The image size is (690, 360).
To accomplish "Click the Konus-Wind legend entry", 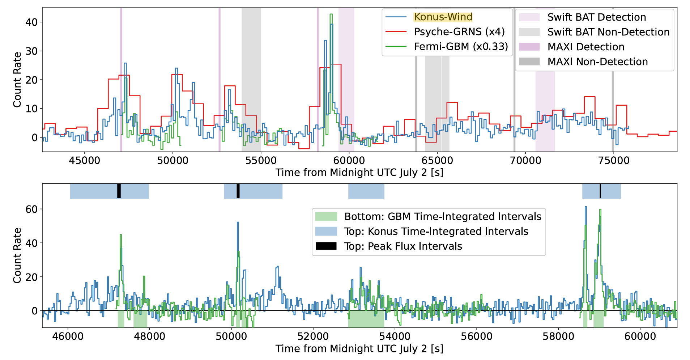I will coord(443,17).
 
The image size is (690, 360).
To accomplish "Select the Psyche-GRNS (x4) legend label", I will coord(459,32).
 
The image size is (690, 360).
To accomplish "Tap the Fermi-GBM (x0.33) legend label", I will coord(461,47).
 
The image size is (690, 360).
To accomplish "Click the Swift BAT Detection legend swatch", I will coord(529,17).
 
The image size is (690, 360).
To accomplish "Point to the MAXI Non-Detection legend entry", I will coord(597,62).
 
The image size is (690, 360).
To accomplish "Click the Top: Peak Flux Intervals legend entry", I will coord(403,246).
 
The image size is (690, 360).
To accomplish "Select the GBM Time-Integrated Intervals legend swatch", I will coord(326,217).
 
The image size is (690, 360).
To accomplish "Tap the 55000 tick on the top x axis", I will coord(261,161).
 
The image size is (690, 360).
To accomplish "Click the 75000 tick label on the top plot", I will coord(613,161).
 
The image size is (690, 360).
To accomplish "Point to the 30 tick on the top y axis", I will coord(31,51).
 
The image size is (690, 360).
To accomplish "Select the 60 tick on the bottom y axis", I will coord(31,209).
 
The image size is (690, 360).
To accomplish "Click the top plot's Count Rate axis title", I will coord(17,80).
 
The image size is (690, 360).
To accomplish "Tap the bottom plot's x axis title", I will coord(359,349).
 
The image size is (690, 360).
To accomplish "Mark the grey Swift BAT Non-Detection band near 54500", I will coord(251,80).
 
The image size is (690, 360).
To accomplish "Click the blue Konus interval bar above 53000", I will coord(366,191).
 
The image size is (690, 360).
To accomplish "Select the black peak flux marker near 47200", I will coord(119,191).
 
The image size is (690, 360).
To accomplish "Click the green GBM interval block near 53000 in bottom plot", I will coord(366,319).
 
